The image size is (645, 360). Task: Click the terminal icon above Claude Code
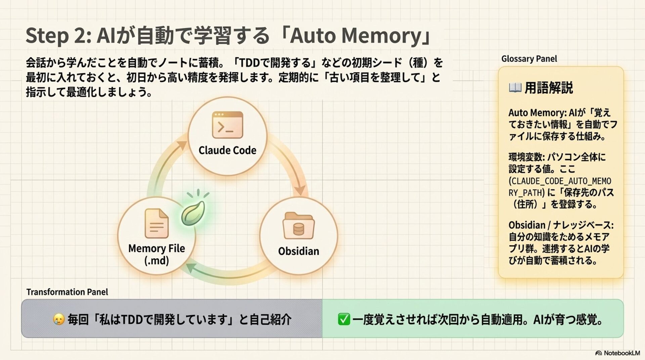click(x=227, y=125)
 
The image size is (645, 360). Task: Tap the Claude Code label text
click(x=227, y=150)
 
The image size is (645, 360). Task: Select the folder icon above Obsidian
click(x=298, y=226)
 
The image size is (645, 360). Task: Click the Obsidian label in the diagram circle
click(x=298, y=251)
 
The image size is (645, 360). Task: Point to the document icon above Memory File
click(x=156, y=223)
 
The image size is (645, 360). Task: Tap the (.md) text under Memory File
click(x=157, y=261)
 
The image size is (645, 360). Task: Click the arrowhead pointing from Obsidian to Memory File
click(x=191, y=268)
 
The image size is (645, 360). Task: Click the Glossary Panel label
click(x=529, y=59)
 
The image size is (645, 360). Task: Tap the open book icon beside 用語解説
click(x=515, y=88)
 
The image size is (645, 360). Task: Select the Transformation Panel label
click(x=67, y=292)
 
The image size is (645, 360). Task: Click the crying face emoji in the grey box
click(x=59, y=319)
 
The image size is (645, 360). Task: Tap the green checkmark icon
click(x=344, y=319)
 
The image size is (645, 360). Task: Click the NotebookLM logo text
click(x=621, y=353)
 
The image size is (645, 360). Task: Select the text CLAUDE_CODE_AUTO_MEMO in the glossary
click(x=560, y=181)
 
